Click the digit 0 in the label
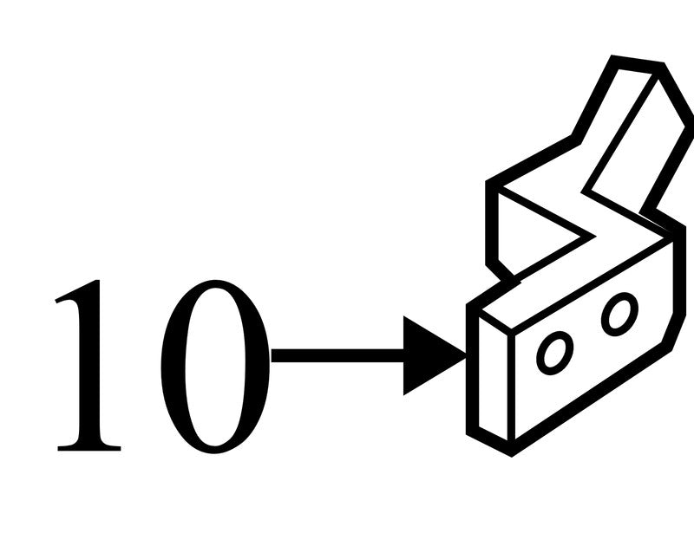pos(215,367)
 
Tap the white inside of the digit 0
pos(215,367)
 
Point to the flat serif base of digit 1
pos(89,447)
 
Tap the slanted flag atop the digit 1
pos(75,292)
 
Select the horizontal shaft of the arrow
pos(337,355)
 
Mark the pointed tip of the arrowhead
pos(466,354)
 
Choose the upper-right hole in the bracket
pos(619,314)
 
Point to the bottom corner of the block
pos(512,453)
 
